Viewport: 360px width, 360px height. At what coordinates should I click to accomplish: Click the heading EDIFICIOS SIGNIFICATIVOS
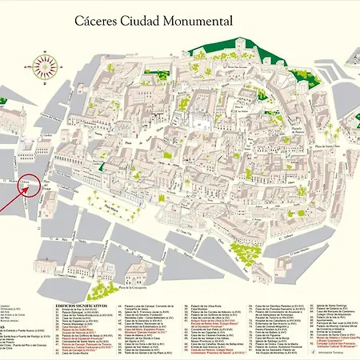82,305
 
